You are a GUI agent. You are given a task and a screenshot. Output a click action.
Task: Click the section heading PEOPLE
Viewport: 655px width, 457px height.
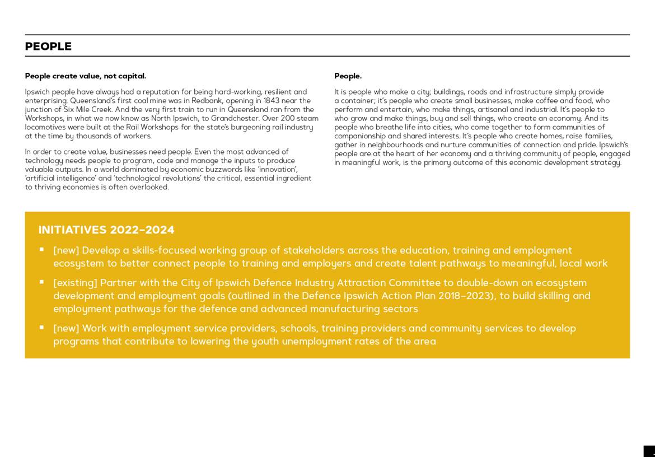(48, 46)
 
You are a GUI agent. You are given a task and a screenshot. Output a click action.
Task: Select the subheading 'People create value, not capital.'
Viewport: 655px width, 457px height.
(85, 76)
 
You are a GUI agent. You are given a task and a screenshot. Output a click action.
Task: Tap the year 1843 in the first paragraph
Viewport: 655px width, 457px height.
(271, 101)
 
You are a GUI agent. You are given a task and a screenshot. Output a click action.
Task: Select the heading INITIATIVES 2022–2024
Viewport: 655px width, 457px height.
(106, 230)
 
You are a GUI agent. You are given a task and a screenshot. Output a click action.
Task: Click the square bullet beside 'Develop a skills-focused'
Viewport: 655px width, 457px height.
(41, 250)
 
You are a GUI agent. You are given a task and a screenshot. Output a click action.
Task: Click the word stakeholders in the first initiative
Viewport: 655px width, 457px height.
(314, 250)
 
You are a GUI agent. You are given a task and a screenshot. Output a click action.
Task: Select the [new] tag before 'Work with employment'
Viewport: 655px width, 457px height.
(66, 328)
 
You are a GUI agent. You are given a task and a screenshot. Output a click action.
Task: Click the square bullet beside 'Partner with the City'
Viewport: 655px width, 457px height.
(41, 282)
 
